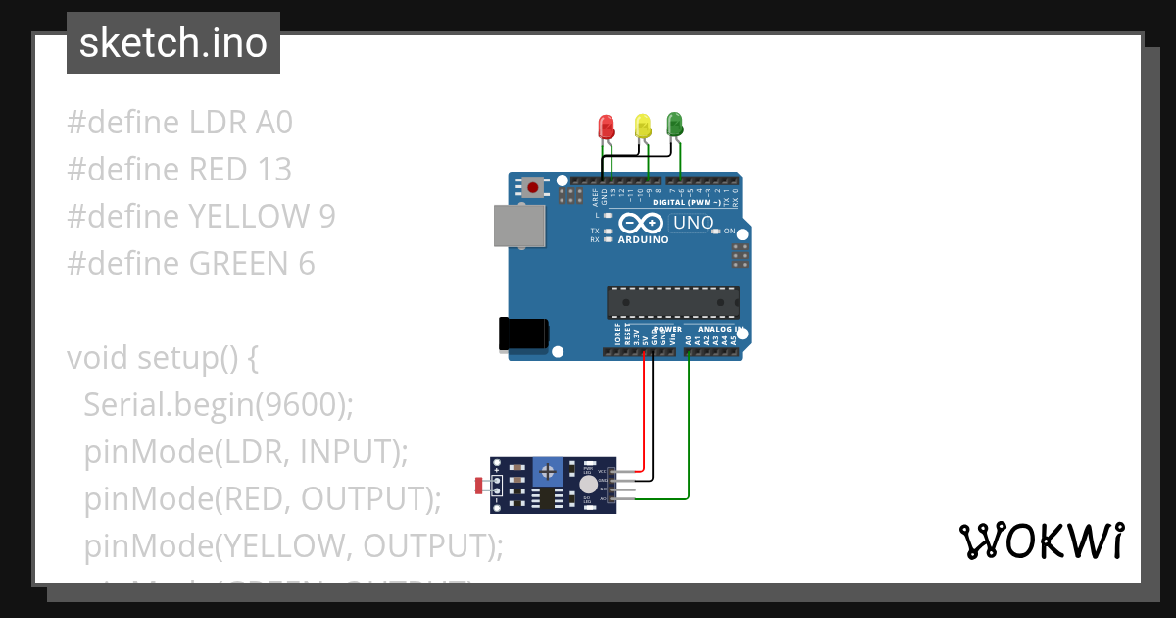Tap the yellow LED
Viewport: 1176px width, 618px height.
pyautogui.click(x=643, y=125)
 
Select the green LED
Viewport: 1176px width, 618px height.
pyautogui.click(x=674, y=124)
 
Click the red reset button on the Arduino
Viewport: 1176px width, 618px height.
pyautogui.click(x=533, y=186)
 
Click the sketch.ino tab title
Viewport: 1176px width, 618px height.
pyautogui.click(x=173, y=43)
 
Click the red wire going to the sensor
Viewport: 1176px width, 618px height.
pyautogui.click(x=644, y=412)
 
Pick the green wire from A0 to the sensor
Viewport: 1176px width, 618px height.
pyautogui.click(x=689, y=432)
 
